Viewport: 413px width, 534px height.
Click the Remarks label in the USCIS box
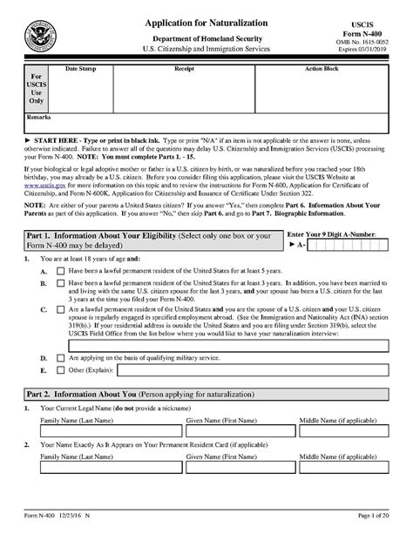(39, 115)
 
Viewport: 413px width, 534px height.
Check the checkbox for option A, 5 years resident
(59, 271)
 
